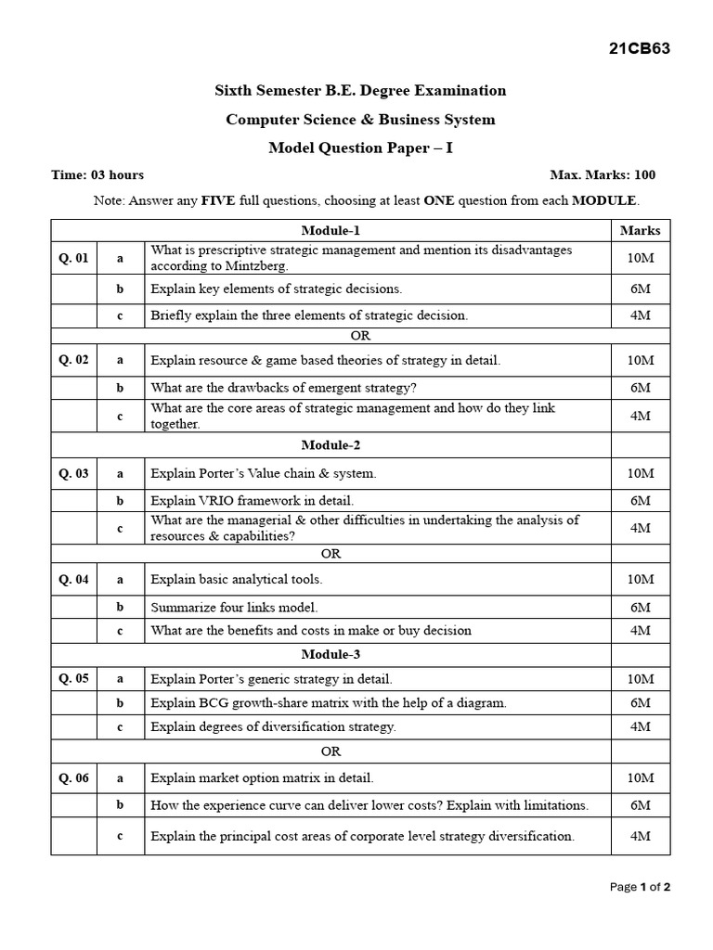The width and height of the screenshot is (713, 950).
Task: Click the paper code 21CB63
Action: pos(638,49)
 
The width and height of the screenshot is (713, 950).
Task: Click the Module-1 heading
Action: pos(331,230)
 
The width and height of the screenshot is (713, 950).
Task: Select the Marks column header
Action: pos(640,230)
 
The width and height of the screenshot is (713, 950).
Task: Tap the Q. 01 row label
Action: pos(74,258)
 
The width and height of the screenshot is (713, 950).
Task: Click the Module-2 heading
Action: pos(331,445)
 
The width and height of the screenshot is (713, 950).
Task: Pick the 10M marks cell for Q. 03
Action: pos(640,473)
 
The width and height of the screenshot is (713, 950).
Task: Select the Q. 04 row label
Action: pos(74,580)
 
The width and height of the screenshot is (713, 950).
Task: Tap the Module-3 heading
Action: pos(331,654)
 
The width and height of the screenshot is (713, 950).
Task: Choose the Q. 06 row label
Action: pos(74,778)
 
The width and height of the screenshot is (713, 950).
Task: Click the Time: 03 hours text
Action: pos(97,174)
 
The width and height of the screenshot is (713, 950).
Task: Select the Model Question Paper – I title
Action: pos(360,148)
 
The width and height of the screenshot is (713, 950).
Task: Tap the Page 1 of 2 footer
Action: pos(640,887)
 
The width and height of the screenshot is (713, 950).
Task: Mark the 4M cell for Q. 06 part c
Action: pos(640,836)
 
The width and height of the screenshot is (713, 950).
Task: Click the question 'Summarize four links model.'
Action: pos(234,608)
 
